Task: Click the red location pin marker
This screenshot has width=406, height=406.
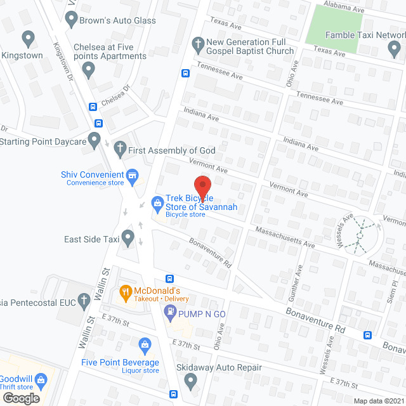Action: (202, 186)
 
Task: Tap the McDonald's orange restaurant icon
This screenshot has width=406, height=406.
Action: (126, 292)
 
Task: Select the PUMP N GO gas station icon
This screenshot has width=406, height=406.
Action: (170, 312)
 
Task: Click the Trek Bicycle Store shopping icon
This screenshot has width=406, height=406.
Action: (157, 204)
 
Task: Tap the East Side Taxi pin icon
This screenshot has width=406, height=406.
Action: (129, 239)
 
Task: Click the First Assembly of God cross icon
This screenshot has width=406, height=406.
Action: (119, 150)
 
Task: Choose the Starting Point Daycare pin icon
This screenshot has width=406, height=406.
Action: (95, 140)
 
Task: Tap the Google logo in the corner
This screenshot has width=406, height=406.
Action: (20, 398)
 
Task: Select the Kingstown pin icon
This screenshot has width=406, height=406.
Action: (27, 39)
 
